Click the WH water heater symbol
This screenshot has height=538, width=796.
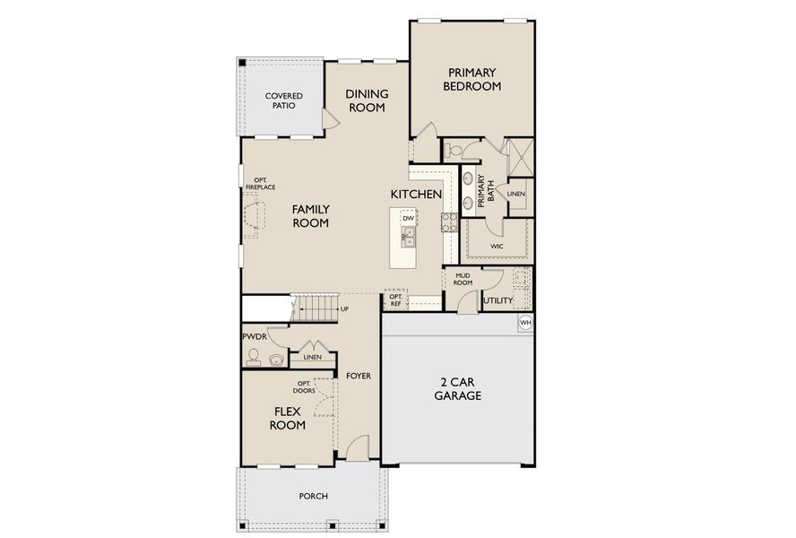pos(525,322)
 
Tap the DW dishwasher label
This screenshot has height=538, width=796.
pos(408,218)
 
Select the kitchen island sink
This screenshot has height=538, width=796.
pos(408,238)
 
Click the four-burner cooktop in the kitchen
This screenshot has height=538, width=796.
pos(448,222)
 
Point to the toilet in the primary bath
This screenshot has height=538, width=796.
pos(453,149)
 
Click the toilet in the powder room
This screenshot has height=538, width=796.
pos(255,359)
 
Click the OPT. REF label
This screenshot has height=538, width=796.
pos(394,300)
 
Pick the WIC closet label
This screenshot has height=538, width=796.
pos(497,245)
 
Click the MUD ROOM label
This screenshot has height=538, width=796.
pos(463,279)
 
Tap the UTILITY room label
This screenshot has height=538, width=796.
pos(498,301)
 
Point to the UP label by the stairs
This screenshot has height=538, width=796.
pos(344,309)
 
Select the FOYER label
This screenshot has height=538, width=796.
pos(359,376)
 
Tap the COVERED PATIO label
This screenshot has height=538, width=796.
pos(283,100)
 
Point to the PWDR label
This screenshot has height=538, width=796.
pos(254,336)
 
